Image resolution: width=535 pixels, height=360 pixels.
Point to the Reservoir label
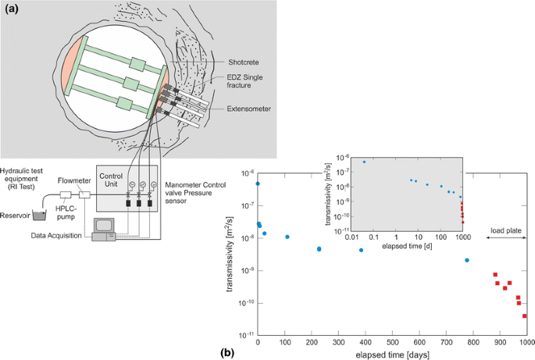(15, 216)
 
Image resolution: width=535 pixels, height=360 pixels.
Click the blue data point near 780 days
(467, 260)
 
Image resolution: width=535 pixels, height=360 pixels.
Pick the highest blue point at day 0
(258, 184)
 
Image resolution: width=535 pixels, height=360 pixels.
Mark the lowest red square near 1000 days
(525, 316)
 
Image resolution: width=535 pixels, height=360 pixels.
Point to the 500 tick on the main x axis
(392, 342)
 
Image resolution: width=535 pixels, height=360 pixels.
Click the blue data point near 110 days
(287, 237)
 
